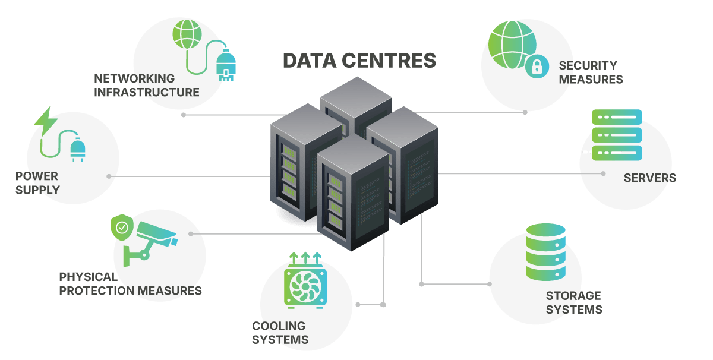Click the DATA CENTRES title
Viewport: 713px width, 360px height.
[359, 61]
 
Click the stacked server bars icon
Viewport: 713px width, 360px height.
[617, 135]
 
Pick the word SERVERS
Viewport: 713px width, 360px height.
[649, 178]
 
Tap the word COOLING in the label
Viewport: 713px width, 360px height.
[279, 326]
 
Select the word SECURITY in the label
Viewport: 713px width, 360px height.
[588, 65]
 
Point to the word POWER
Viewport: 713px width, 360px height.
[37, 176]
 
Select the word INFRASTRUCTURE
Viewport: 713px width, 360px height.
[146, 93]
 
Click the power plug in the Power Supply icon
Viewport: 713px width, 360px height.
[78, 150]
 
